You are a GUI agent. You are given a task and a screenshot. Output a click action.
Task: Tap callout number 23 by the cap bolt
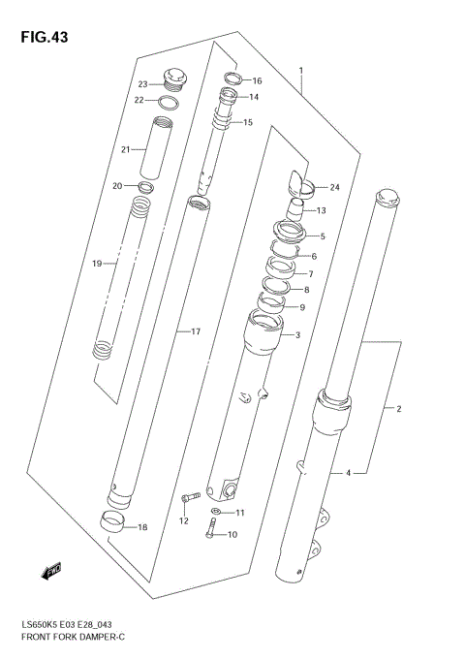tap(141, 83)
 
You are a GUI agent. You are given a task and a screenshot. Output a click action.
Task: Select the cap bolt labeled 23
tap(175, 77)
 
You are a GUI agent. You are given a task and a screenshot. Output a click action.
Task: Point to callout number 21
tap(125, 149)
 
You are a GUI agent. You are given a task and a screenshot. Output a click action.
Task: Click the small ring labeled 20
tap(146, 185)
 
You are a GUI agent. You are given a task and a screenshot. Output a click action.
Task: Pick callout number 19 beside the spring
tap(97, 263)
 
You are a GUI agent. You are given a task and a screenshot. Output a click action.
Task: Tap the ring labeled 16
tap(233, 79)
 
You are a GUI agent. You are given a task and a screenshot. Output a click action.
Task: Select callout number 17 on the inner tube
tap(195, 332)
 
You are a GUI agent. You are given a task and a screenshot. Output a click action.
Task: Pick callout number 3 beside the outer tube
tap(297, 334)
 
